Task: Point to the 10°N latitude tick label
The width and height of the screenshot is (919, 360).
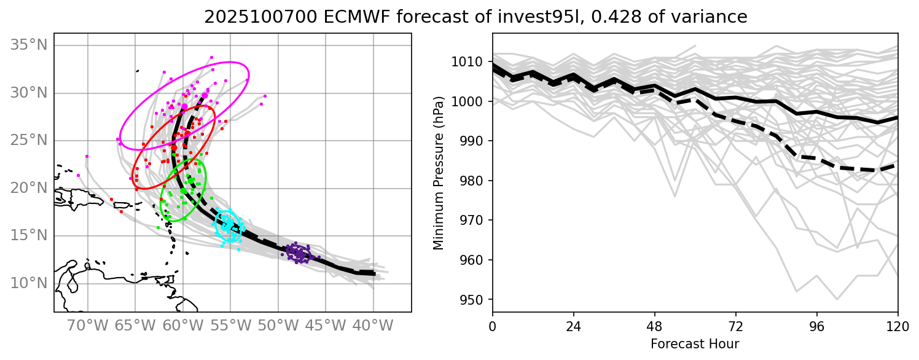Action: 28,283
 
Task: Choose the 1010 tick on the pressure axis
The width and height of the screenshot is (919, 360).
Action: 473,62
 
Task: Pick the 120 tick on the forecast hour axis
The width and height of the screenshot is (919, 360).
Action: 898,325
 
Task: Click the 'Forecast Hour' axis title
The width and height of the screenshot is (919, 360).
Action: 695,343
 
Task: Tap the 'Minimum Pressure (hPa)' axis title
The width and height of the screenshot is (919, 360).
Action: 438,173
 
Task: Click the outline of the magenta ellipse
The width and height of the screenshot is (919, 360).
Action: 248,77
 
